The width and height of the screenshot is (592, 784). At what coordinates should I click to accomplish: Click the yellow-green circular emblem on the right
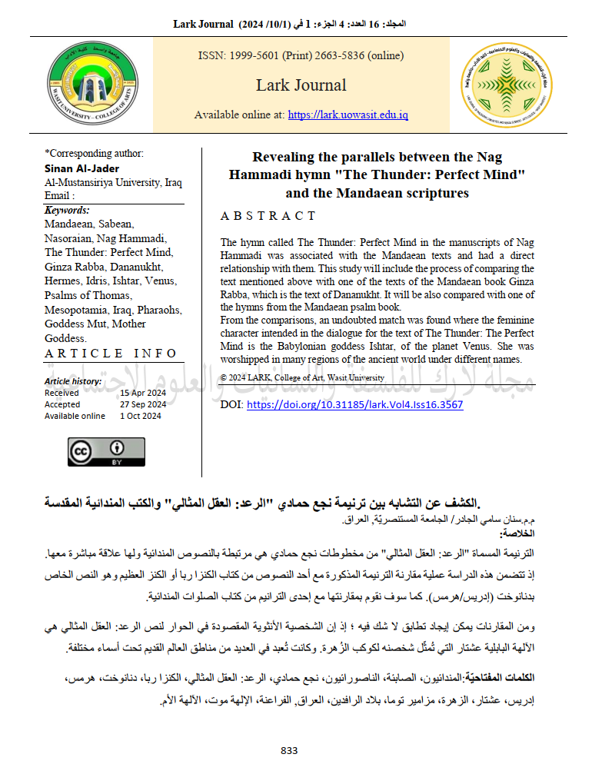[x=505, y=85]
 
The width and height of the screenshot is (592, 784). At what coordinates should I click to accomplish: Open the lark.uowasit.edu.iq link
[x=348, y=115]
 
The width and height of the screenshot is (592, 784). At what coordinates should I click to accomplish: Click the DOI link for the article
[x=354, y=404]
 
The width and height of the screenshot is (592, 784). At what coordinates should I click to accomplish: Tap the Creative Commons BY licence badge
[x=106, y=452]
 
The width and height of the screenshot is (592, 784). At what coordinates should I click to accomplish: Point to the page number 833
[x=289, y=750]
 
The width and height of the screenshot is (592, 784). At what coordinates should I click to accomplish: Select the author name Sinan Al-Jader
[x=82, y=168]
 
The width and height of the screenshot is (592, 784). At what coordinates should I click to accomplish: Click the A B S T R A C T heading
[x=268, y=216]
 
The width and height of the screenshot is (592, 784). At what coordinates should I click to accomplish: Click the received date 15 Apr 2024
[x=143, y=393]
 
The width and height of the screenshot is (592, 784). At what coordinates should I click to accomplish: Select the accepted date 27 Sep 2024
[x=143, y=404]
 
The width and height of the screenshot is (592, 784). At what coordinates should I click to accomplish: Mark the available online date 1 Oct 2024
[x=141, y=416]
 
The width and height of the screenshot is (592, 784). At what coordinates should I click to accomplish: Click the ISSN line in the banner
[x=301, y=55]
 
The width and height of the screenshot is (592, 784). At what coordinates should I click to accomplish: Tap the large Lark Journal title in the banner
[x=301, y=85]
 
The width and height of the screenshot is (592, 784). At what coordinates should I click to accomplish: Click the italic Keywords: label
[x=67, y=210]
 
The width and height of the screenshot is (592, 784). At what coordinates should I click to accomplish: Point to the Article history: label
[x=73, y=381]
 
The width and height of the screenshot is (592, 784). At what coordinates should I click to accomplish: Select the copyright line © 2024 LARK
[x=302, y=377]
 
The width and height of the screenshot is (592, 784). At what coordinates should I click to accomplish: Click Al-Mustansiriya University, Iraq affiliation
[x=113, y=182]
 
